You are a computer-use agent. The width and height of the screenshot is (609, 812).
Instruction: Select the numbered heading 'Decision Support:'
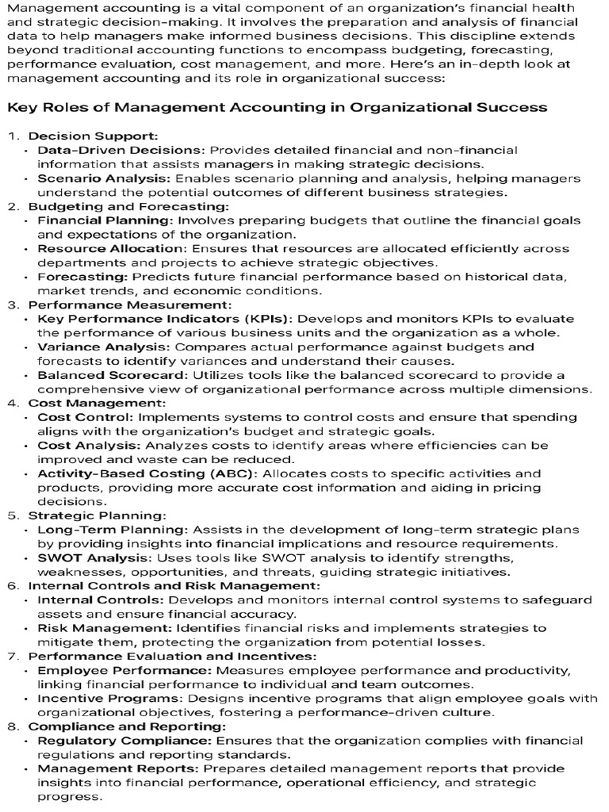[93, 136]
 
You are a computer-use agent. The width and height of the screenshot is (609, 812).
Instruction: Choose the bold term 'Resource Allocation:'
[109, 248]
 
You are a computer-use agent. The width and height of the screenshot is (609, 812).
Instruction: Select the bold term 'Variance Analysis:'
[104, 347]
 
